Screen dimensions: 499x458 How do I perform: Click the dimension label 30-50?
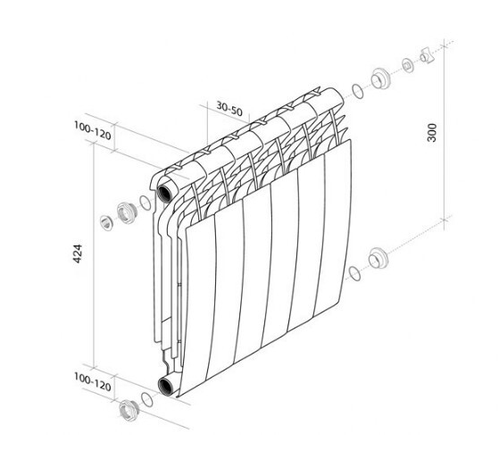(x=229, y=109)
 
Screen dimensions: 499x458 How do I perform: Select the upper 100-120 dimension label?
(x=93, y=130)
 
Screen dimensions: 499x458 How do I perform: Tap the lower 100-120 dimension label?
(x=93, y=382)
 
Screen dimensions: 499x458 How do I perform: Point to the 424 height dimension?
(x=78, y=254)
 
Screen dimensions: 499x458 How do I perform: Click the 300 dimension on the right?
(x=432, y=132)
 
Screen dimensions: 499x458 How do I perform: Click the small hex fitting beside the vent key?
(x=408, y=66)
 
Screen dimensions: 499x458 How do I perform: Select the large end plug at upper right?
(x=380, y=79)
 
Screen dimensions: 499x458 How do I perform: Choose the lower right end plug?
(x=378, y=258)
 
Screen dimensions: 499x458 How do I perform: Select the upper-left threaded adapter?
(x=127, y=212)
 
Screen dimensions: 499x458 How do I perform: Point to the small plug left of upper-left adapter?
(x=106, y=223)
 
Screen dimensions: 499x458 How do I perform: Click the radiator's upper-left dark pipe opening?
(x=165, y=193)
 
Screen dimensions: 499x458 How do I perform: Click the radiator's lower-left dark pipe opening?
(x=166, y=386)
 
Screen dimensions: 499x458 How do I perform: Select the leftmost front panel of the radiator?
(x=200, y=304)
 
